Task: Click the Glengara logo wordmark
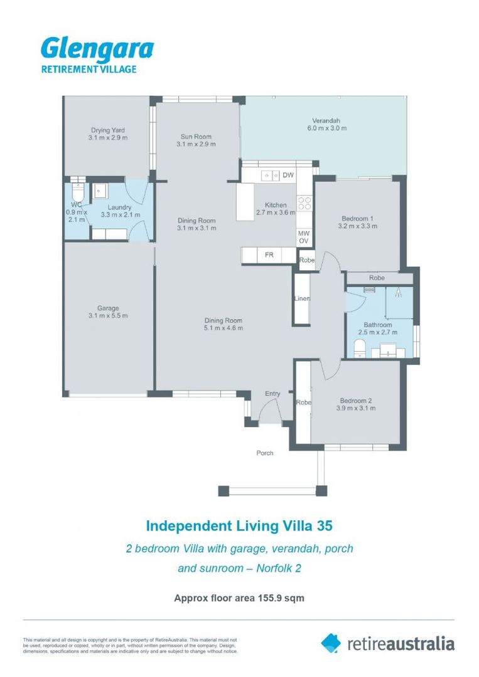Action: [97, 49]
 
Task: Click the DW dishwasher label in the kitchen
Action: [288, 175]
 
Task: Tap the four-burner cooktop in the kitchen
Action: [305, 203]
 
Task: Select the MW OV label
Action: [304, 236]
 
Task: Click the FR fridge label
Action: [269, 255]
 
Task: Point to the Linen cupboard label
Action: [301, 298]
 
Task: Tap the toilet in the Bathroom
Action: [358, 349]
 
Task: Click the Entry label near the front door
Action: [272, 394]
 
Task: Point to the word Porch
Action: [265, 453]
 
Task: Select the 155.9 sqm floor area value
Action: [281, 598]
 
